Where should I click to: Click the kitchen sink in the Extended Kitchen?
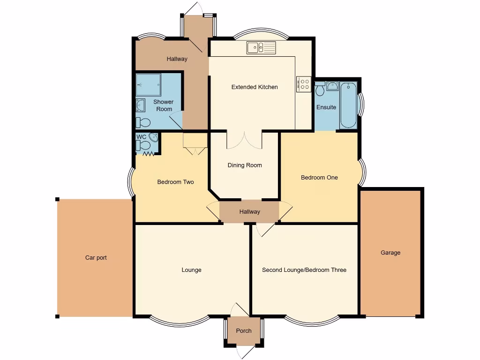coord(262,47)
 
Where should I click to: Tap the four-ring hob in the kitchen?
coord(304,84)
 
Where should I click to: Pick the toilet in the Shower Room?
coord(143,123)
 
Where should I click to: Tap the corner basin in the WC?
coord(153,138)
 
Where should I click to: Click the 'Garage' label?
coord(390,253)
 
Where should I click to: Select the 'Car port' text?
coord(96,258)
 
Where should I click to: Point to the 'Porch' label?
coord(244,331)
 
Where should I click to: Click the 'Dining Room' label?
coord(245,165)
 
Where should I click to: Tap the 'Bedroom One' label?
coord(319,178)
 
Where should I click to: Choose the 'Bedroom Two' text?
coord(175,182)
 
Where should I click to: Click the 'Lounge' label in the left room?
coord(191,270)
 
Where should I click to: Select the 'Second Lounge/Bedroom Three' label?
coord(304,270)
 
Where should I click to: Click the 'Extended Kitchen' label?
coord(255,87)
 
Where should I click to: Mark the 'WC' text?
coord(141,137)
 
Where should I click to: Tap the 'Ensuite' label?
coord(326,107)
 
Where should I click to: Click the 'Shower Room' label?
coord(163,105)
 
